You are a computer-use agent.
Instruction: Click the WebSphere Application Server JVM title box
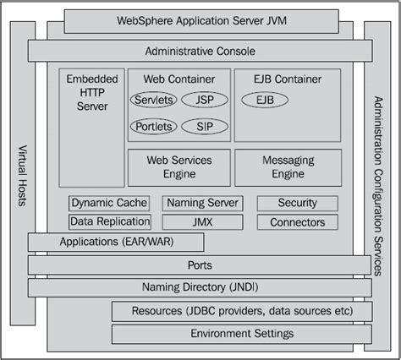pos(200,18)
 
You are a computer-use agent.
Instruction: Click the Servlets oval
pos(153,100)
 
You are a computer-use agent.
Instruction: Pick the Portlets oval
pos(153,127)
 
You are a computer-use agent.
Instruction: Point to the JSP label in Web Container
pos(203,100)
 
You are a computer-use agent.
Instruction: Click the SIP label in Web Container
pos(203,127)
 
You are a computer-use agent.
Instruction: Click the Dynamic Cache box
pos(109,203)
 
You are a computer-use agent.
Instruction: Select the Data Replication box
pos(109,221)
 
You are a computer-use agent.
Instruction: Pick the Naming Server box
pos(203,203)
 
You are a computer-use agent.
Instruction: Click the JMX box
pos(203,221)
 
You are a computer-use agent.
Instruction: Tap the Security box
pos(297,203)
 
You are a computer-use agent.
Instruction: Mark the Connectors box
pos(297,222)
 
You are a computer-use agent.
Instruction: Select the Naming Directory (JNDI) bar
pos(200,287)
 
